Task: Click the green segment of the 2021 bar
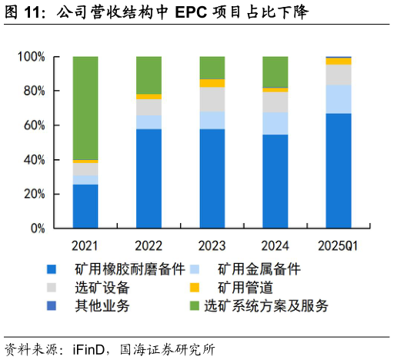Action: [x=85, y=108]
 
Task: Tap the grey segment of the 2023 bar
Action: [x=212, y=99]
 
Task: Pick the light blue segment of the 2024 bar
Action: [x=275, y=124]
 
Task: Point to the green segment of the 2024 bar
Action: [x=275, y=72]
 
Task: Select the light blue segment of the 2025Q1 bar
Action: [x=339, y=99]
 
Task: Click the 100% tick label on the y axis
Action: [x=32, y=57]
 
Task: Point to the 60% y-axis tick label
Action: [x=35, y=125]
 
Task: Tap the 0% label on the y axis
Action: [x=38, y=228]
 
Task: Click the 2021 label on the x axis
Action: [x=85, y=246]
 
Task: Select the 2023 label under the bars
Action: [x=212, y=246]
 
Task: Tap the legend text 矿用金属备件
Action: [x=259, y=269]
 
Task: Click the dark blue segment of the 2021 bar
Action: [x=85, y=206]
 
